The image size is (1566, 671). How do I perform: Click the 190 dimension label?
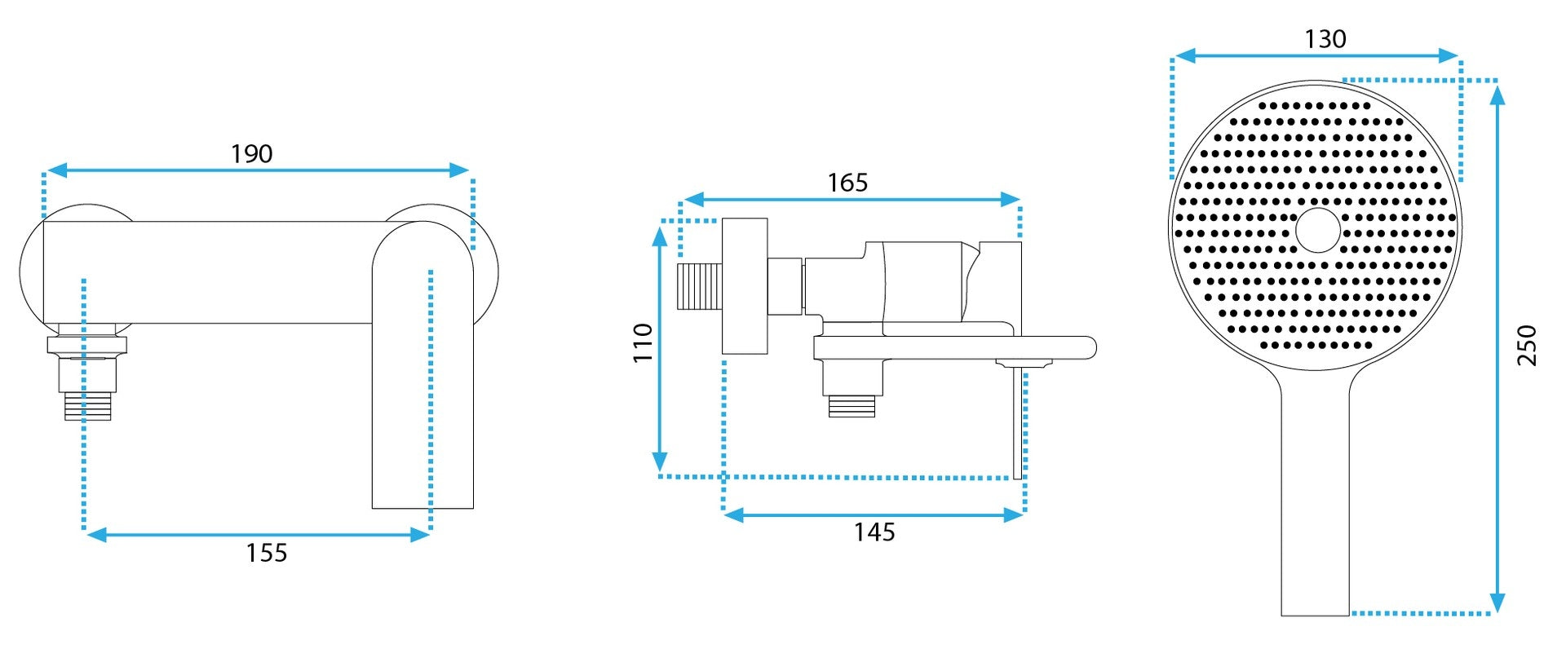[251, 153]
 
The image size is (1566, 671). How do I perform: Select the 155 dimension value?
[267, 553]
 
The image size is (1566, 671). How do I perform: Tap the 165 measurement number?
[847, 183]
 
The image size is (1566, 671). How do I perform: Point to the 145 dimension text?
[874, 532]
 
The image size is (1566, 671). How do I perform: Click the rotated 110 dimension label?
[644, 342]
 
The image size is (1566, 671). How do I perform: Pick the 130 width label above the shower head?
[1325, 39]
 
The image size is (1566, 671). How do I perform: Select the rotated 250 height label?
[1527, 345]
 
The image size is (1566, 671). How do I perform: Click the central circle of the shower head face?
[1318, 230]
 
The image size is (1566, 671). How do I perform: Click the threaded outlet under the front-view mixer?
[88, 406]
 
